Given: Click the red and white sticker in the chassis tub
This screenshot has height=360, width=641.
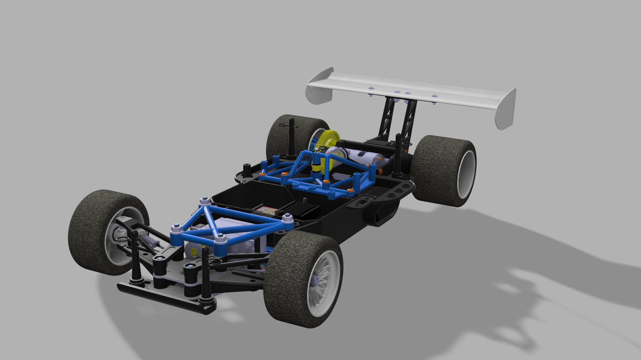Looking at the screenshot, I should [x=266, y=210].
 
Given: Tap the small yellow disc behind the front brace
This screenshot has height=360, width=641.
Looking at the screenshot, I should [x=194, y=252].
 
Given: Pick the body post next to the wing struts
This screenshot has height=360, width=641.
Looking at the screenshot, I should [x=397, y=156].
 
